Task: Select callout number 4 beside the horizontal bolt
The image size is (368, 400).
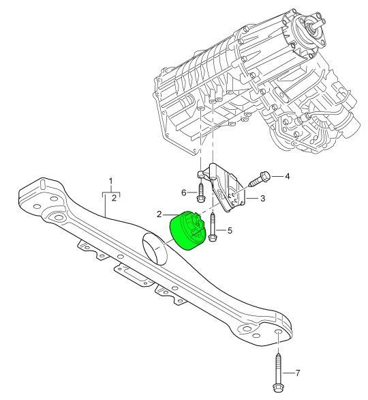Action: coord(287,177)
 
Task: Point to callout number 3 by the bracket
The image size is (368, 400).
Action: coord(262,199)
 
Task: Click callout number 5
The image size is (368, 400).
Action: coord(230,231)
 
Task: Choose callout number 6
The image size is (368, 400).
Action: coord(183,193)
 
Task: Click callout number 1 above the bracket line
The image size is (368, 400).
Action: coord(111,182)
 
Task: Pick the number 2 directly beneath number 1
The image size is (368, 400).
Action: coord(114,199)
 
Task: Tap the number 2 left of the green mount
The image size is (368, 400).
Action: coord(159,214)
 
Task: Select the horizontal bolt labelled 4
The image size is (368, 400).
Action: coord(260,180)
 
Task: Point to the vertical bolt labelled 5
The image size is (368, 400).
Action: coord(213,227)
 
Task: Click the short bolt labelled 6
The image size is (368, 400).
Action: coord(200,191)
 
